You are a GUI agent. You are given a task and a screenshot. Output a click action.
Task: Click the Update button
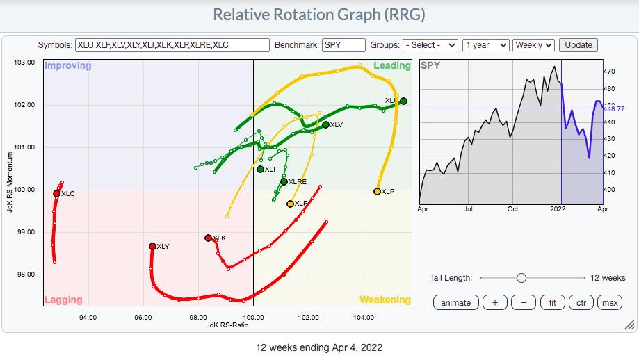[579, 45]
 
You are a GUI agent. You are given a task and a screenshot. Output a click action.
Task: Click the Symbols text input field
[172, 45]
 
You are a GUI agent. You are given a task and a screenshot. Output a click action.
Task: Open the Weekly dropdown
[534, 45]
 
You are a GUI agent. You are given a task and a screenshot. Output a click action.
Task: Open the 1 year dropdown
[485, 45]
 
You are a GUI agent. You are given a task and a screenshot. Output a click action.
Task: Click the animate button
[455, 302]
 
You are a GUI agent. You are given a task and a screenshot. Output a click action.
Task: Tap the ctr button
[581, 302]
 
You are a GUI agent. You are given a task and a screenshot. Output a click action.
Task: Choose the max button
[610, 302]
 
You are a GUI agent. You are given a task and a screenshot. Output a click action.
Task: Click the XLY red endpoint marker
[152, 246]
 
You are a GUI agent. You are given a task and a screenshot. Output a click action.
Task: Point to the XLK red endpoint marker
[208, 238]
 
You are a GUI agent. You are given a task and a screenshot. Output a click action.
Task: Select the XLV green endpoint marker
[325, 124]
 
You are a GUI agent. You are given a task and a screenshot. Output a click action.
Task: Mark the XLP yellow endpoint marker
[377, 191]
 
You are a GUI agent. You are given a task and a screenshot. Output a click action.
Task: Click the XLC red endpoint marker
[56, 194]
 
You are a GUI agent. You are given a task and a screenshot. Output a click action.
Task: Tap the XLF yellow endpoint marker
[290, 204]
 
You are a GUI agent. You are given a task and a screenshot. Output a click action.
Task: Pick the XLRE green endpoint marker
[284, 181]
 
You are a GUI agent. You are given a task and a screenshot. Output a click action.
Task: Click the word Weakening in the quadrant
[385, 300]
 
